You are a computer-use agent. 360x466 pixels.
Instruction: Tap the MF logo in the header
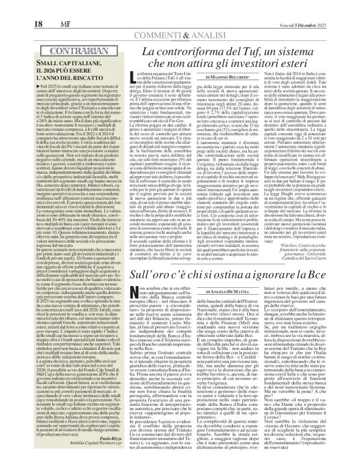click(x=33, y=7)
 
